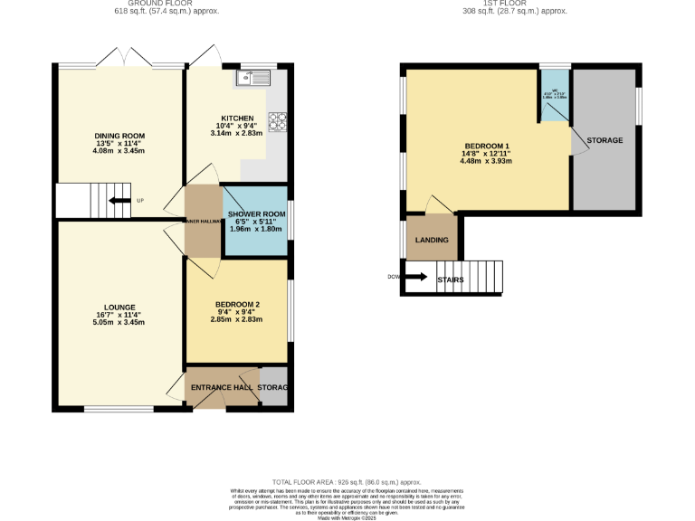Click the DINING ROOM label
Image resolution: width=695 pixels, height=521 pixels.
pyautogui.click(x=120, y=136)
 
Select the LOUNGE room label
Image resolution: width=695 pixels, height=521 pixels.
pyautogui.click(x=120, y=307)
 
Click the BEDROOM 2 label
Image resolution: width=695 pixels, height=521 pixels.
pyautogui.click(x=236, y=304)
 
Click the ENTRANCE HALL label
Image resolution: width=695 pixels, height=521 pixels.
pyautogui.click(x=221, y=387)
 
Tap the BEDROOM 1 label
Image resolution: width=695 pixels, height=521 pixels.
pyautogui.click(x=488, y=147)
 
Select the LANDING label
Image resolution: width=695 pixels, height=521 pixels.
pyautogui.click(x=431, y=240)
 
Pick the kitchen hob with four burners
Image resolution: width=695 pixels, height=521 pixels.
pyautogui.click(x=277, y=121)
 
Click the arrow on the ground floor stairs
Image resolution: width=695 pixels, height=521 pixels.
pyautogui.click(x=117, y=201)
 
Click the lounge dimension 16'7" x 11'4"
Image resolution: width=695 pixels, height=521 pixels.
pyautogui.click(x=120, y=315)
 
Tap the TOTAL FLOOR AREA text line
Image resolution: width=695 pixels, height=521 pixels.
pyautogui.click(x=347, y=483)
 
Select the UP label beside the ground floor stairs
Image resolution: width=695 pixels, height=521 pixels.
pyautogui.click(x=139, y=201)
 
